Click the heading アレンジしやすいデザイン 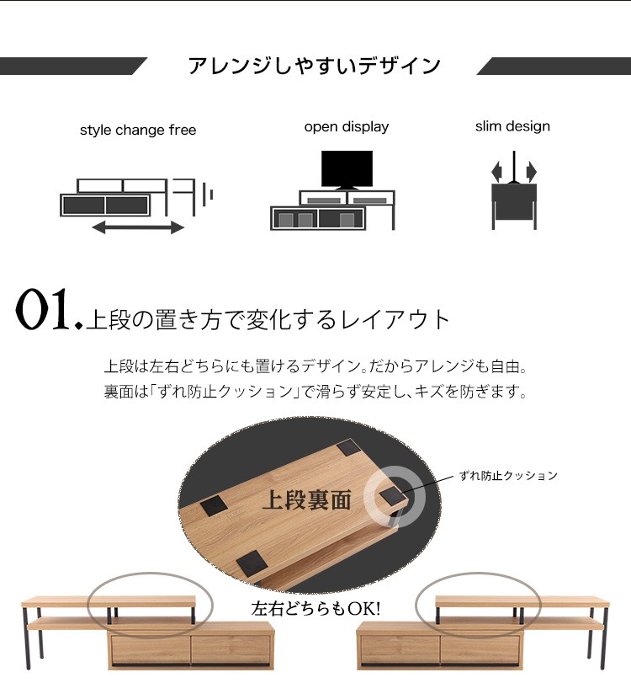click(315, 66)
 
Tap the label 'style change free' click(138, 130)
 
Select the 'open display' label click(347, 127)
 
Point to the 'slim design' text click(512, 126)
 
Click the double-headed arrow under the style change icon click(138, 228)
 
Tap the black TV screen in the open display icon click(347, 168)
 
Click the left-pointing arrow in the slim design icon click(497, 171)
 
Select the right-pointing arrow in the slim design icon click(531, 171)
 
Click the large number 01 click(44, 309)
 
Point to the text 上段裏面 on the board click(307, 500)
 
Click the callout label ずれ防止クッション click(508, 476)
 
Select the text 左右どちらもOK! click(315, 609)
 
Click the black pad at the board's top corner click(350, 447)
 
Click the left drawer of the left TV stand click(150, 649)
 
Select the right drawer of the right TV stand click(480, 649)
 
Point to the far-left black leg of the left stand click(26, 638)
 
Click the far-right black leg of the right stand click(604, 638)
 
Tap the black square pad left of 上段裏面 click(214, 505)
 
